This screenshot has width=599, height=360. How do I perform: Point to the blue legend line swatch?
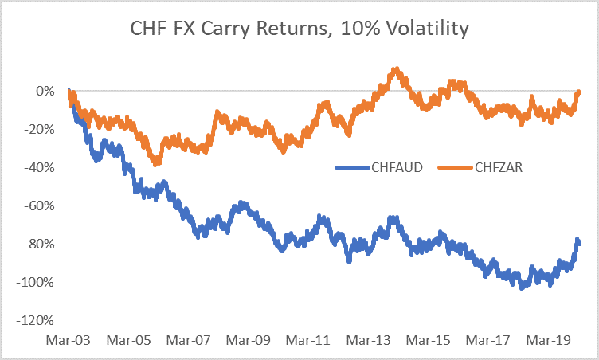[350, 167]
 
